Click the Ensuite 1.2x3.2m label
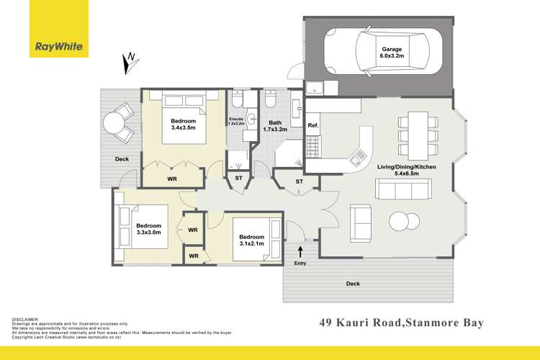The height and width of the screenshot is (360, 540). point(237,122)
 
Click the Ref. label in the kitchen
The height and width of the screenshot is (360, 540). point(312,126)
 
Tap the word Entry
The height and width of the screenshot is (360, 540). point(300,264)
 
